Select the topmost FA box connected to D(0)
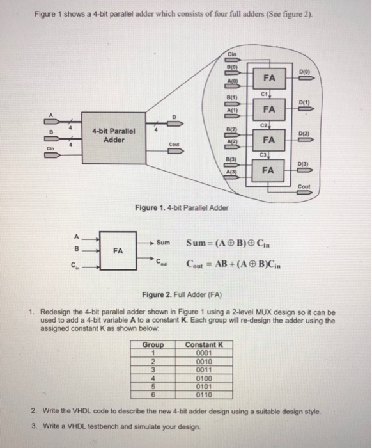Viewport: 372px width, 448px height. [x=269, y=78]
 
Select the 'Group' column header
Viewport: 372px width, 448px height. [x=153, y=345]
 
